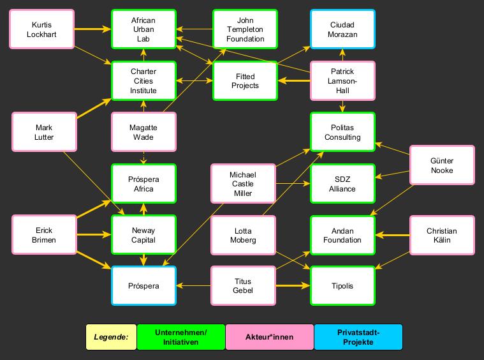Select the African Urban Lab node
pyautogui.click(x=143, y=29)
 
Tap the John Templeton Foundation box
pyautogui.click(x=245, y=29)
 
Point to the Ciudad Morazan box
pyautogui.click(x=343, y=29)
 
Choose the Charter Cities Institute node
pyautogui.click(x=143, y=80)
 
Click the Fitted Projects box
pyautogui.click(x=245, y=80)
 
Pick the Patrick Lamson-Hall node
pyautogui.click(x=343, y=80)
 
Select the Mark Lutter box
pyautogui.click(x=44, y=132)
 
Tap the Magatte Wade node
pyautogui.click(x=143, y=132)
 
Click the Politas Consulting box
pyautogui.click(x=343, y=132)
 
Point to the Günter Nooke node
pyautogui.click(x=442, y=166)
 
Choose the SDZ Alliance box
pyautogui.click(x=343, y=184)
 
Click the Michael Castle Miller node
pyautogui.click(x=243, y=184)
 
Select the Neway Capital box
pyautogui.click(x=143, y=236)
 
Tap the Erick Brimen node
pyautogui.click(x=44, y=236)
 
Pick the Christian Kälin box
pyautogui.click(x=442, y=236)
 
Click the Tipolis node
pyautogui.click(x=343, y=286)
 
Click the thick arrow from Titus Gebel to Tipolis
pyautogui.click(x=293, y=286)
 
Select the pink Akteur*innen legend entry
pyautogui.click(x=270, y=337)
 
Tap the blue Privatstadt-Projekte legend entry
pyautogui.click(x=358, y=337)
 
